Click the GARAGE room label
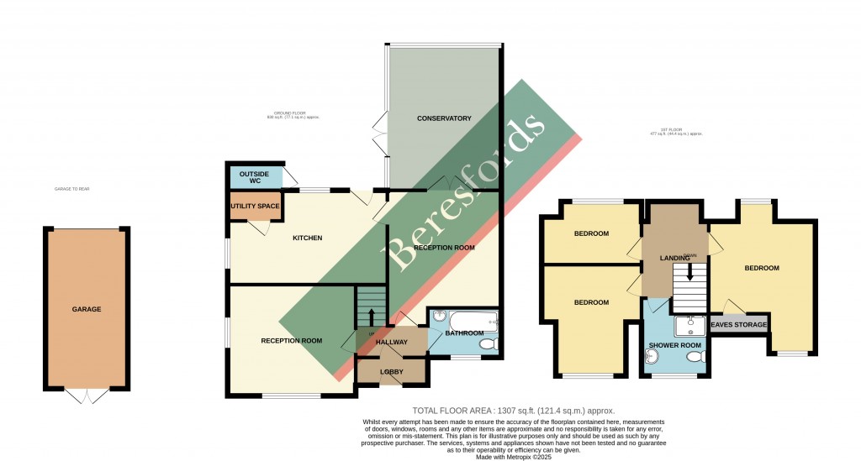[x=86, y=309]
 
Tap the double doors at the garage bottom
[x=87, y=396]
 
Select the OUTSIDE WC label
[x=253, y=178]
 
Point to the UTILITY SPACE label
[x=255, y=205]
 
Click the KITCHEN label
[x=307, y=238]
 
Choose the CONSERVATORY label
[x=444, y=118]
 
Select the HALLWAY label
[x=392, y=342]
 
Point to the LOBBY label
[x=392, y=372]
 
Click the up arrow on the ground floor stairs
[x=372, y=317]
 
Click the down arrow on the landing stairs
[x=690, y=272]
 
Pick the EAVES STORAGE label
[x=739, y=325]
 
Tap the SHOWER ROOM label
[x=674, y=345]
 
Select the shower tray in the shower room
[x=690, y=324]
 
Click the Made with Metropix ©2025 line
[x=515, y=456]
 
